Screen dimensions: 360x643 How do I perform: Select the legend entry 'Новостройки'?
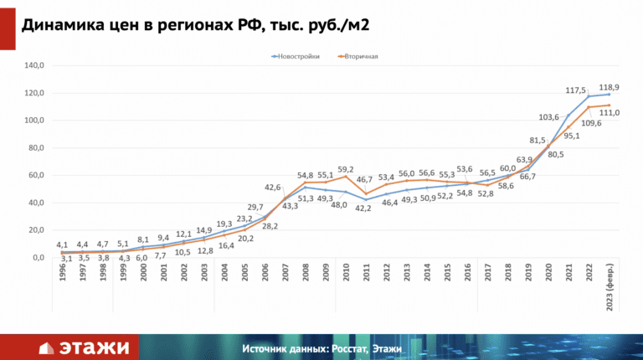[x=300, y=57]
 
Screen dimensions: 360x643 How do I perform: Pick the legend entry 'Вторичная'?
[x=362, y=57]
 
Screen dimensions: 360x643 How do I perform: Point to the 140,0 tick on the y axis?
[x=34, y=65]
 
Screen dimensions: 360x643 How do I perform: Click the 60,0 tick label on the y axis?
[x=36, y=175]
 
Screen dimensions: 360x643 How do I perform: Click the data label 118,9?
[x=609, y=87]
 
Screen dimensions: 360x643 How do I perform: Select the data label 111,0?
[x=609, y=113]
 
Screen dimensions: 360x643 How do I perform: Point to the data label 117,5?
[x=576, y=90]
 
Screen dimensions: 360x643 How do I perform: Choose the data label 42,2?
[x=365, y=219]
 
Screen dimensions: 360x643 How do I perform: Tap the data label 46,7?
[x=365, y=180]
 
